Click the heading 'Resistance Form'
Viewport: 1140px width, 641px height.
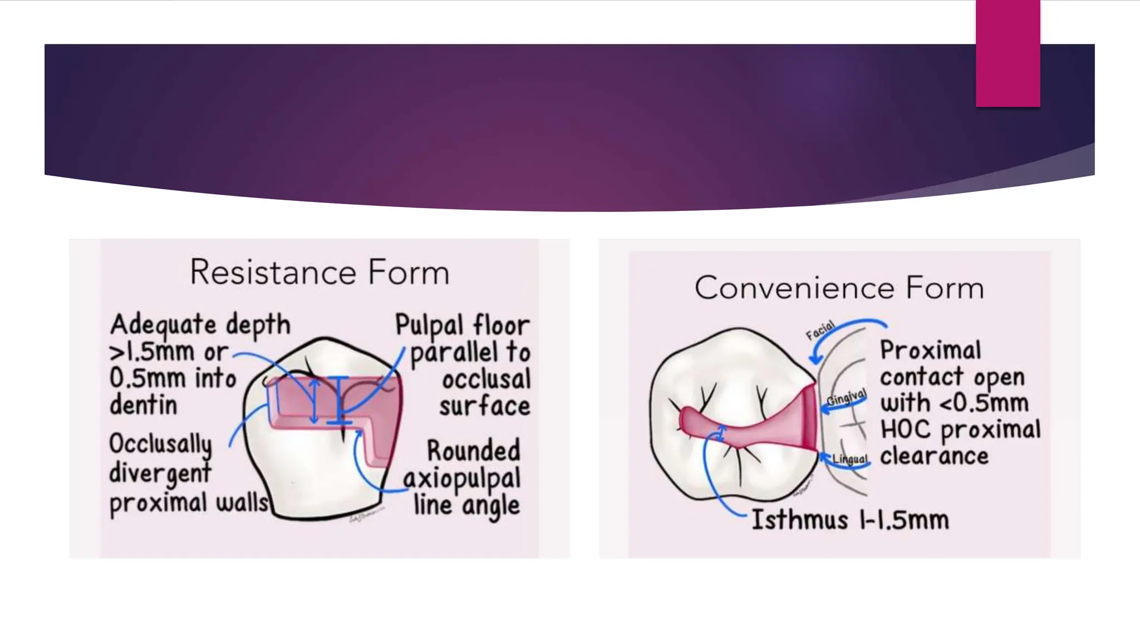tap(320, 272)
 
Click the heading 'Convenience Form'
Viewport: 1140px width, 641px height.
tap(839, 288)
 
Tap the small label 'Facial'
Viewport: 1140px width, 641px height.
tap(820, 330)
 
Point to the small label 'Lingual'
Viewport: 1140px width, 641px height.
tap(850, 459)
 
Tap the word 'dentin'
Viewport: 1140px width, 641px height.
tap(143, 405)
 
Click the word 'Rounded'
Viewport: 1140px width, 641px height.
tap(473, 450)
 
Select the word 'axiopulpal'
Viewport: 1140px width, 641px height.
tap(461, 479)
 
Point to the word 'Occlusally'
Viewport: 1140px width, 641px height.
tap(160, 445)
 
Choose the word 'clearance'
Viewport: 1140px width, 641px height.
tap(934, 456)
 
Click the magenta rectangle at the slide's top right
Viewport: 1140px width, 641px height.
tap(1008, 53)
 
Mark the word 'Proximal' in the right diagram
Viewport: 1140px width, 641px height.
tap(930, 351)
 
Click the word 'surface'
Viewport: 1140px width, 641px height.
tap(484, 406)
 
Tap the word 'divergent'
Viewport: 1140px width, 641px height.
tap(160, 474)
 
